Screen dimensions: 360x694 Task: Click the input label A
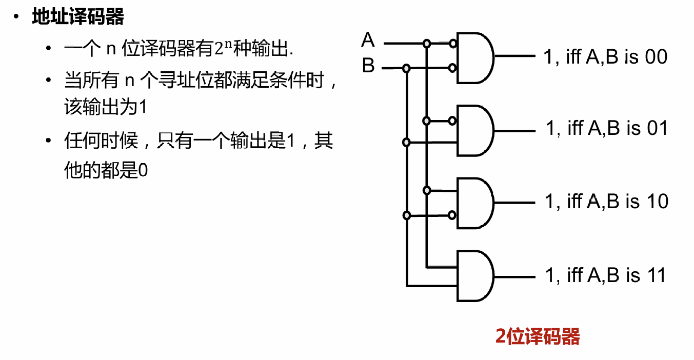[x=368, y=40]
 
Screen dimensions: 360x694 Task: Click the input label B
[x=368, y=66]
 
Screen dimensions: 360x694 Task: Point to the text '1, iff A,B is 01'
[x=607, y=128]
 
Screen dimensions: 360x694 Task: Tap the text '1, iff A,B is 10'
[x=607, y=201]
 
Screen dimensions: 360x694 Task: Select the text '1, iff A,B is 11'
[x=605, y=275]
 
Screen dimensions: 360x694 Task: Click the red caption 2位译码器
[x=538, y=337]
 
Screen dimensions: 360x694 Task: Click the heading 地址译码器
[x=78, y=17]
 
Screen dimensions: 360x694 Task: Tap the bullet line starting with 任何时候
[x=199, y=141]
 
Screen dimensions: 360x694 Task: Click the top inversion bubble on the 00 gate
[x=452, y=44]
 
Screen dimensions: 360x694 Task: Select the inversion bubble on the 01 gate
[x=452, y=121]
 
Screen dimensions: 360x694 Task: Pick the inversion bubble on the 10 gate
[x=452, y=215]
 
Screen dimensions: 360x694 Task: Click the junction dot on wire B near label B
[x=406, y=68]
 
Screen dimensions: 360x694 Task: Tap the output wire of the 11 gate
[x=513, y=275]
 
